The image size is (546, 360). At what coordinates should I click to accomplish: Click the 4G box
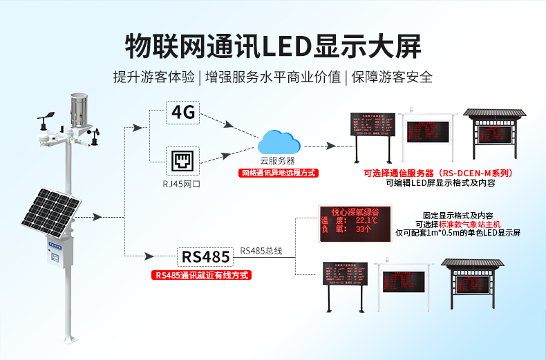tap(182, 112)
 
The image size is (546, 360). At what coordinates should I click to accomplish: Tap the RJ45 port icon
tap(182, 161)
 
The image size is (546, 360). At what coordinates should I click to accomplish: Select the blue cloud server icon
tap(280, 142)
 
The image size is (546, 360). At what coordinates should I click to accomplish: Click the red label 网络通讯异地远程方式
tap(279, 173)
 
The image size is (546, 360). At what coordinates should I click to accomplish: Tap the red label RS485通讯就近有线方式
tap(201, 275)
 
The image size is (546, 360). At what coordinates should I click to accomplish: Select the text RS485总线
tap(261, 250)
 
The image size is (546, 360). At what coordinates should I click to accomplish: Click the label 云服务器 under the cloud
tap(278, 160)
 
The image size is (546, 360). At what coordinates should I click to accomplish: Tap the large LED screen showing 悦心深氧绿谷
tap(353, 222)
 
